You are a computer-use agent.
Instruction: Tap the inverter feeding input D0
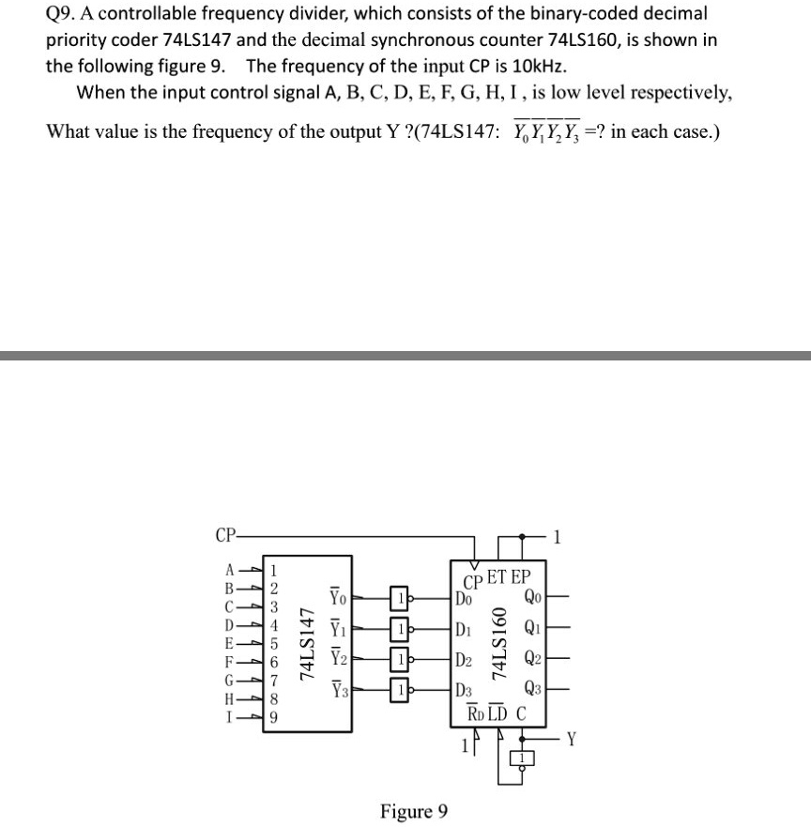(x=400, y=597)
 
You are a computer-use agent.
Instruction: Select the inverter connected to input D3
(x=400, y=691)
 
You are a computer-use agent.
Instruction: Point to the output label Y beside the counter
(x=574, y=738)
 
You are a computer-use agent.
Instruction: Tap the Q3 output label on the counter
(x=531, y=692)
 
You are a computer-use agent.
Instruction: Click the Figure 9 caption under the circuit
(x=414, y=810)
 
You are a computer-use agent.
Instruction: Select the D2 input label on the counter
(x=464, y=661)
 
